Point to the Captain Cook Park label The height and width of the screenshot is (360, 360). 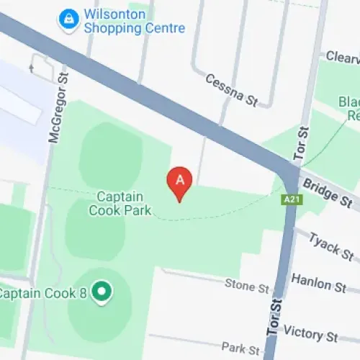[x=120, y=204]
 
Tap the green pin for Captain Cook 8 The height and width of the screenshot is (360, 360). [x=102, y=292]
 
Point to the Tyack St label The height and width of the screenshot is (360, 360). [x=331, y=247]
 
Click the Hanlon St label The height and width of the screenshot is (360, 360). [x=319, y=283]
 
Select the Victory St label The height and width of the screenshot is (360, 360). [x=310, y=334]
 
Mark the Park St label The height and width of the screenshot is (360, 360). [x=240, y=348]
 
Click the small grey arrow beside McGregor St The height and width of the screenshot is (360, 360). [x=31, y=68]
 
